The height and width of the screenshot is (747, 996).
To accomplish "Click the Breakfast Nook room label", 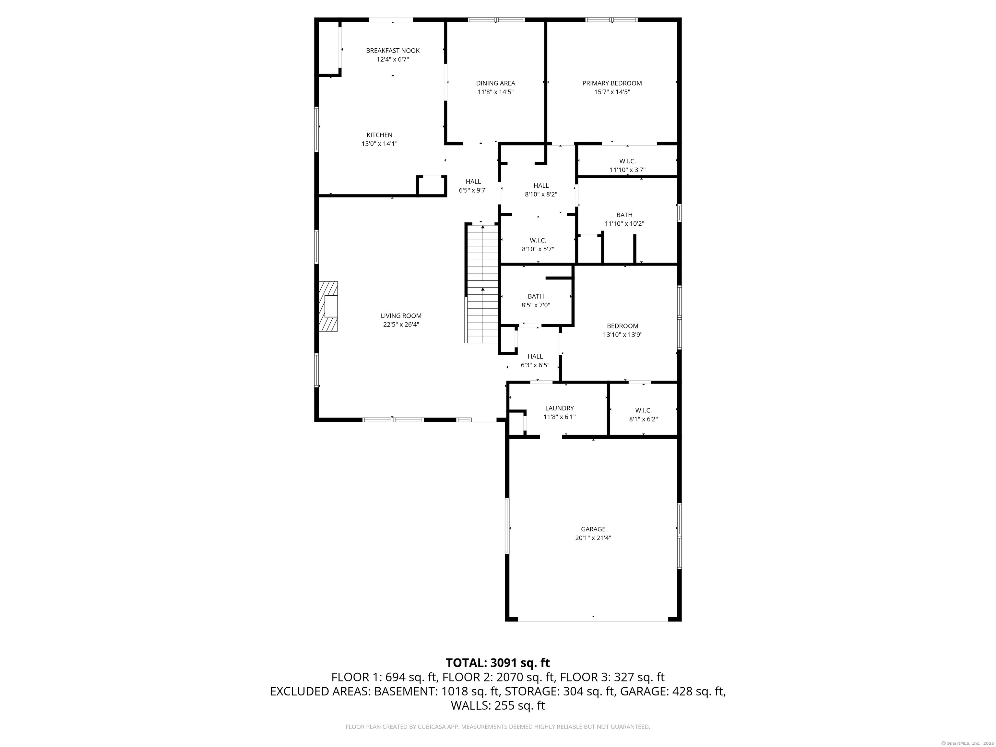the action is pos(393,51).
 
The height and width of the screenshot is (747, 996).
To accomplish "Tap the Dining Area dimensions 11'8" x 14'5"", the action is pos(496,92).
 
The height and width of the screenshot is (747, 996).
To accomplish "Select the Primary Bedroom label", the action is pos(612,83).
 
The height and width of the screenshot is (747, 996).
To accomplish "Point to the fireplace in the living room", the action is pos(328,306).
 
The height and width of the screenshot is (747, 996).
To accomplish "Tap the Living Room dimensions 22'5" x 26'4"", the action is pos(401,325).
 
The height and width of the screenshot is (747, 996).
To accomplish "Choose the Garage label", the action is pos(593,529).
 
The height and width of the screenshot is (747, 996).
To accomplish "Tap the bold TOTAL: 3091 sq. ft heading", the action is pos(498,663).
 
